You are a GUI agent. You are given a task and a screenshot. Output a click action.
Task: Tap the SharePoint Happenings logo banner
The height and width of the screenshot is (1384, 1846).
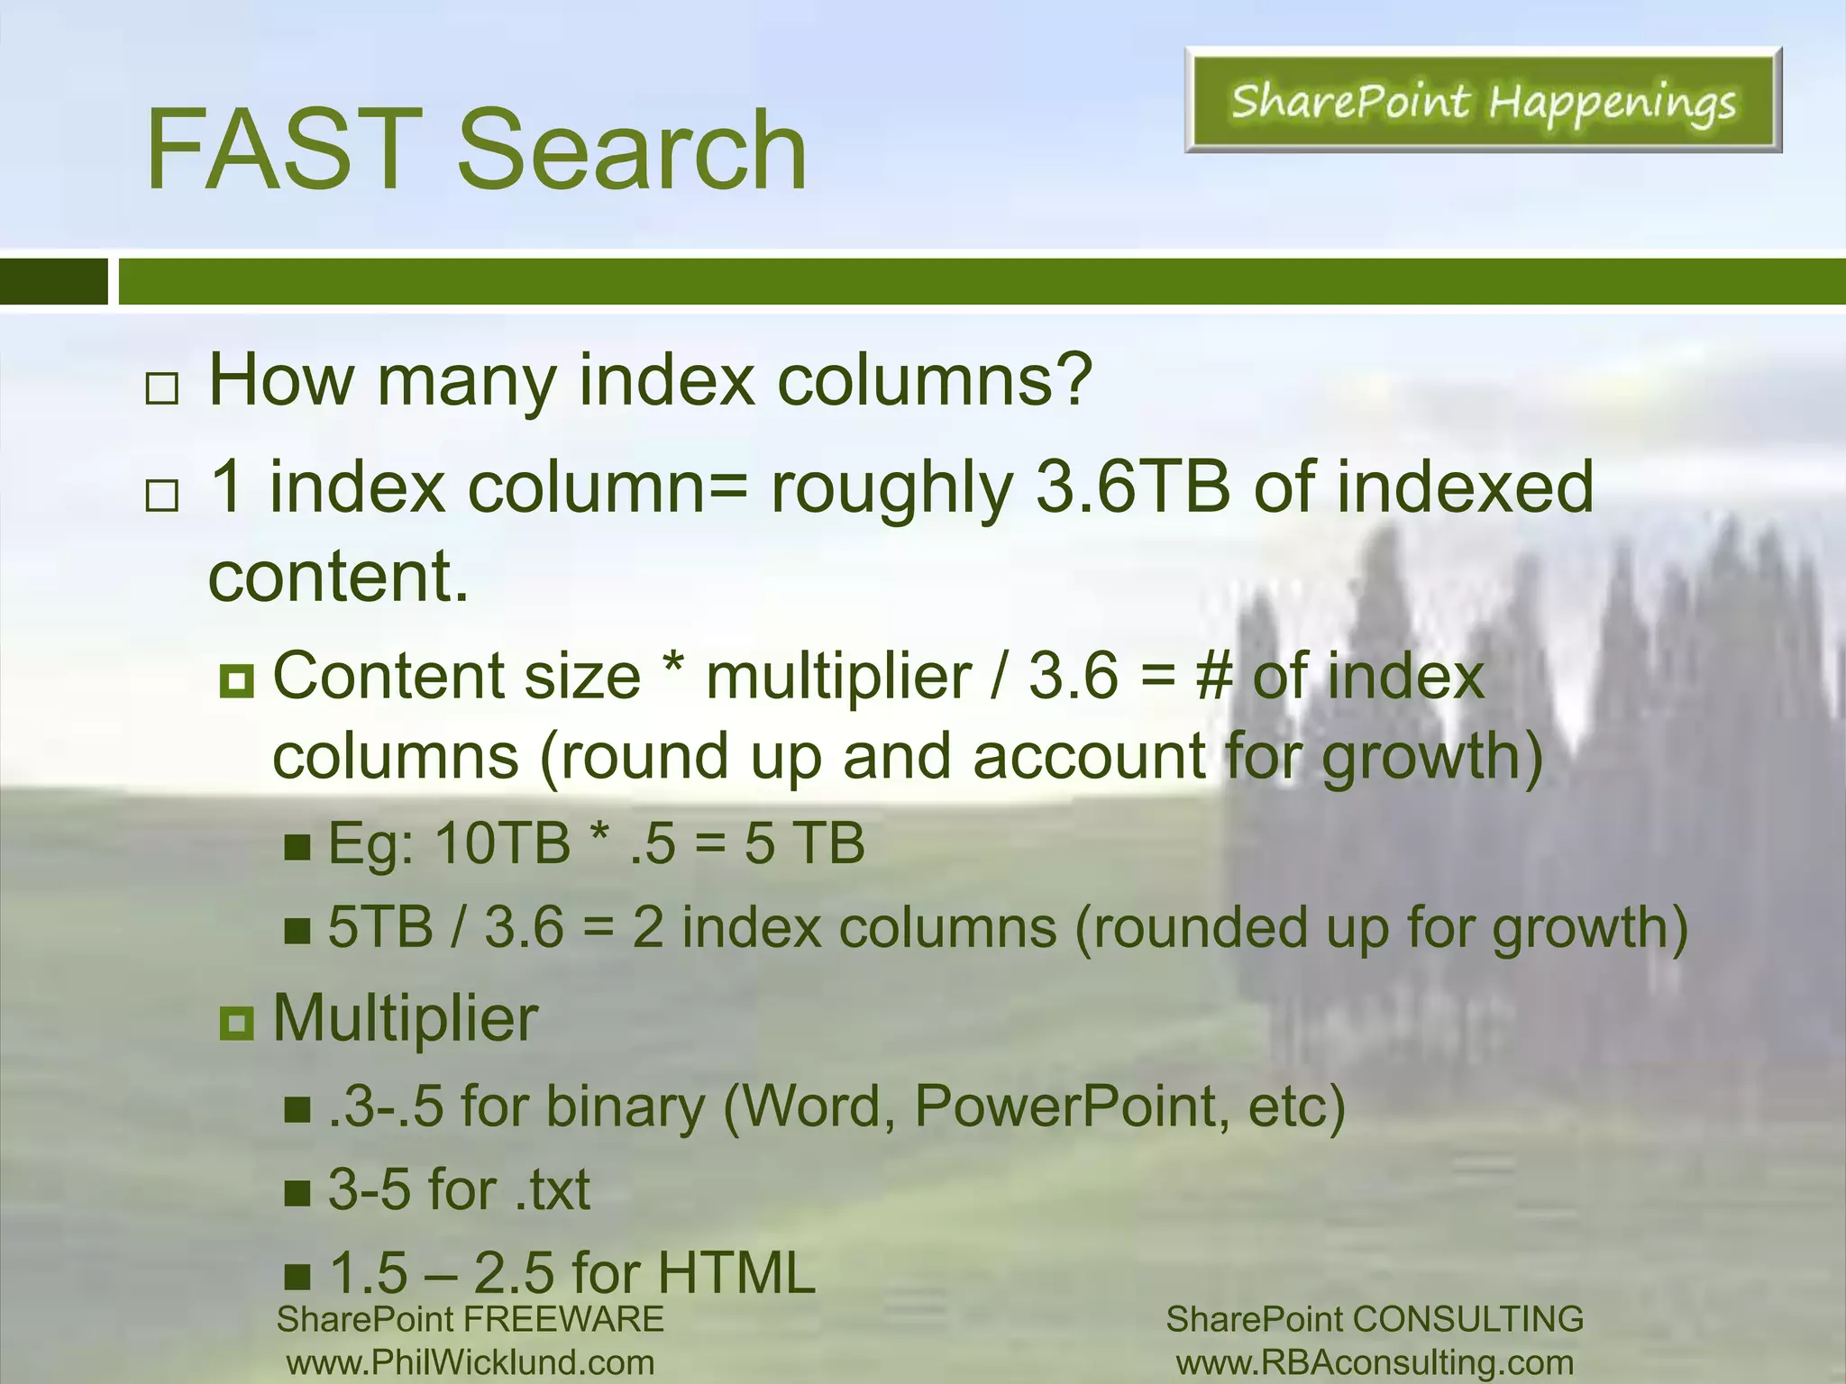(x=1483, y=100)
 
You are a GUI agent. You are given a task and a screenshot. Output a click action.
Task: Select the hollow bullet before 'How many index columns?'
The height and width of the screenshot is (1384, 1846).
(x=162, y=389)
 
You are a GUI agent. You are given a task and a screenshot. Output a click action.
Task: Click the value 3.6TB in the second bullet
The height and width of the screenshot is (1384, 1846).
(x=1133, y=487)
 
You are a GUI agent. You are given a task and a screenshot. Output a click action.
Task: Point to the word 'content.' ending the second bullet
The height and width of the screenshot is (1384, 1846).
(x=339, y=577)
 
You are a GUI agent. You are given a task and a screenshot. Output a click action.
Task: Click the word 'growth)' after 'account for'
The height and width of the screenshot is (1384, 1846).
(x=1432, y=757)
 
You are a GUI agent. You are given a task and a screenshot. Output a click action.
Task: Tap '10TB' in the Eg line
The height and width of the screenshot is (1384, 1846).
(x=502, y=843)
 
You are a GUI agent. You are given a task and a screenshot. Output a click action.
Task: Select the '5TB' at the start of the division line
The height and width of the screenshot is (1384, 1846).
(x=379, y=927)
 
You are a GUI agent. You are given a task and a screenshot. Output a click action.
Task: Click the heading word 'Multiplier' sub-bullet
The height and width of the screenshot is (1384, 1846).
(x=405, y=1018)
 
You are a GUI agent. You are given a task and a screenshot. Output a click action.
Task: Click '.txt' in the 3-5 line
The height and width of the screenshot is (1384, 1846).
(x=553, y=1189)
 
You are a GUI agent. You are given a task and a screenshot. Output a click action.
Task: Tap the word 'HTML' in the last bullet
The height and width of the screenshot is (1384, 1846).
(x=736, y=1272)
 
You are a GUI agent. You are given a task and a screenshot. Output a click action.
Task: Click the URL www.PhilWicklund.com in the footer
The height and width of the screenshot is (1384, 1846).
(x=471, y=1362)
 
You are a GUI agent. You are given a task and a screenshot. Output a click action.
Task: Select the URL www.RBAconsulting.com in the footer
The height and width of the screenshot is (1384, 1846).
(x=1375, y=1362)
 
